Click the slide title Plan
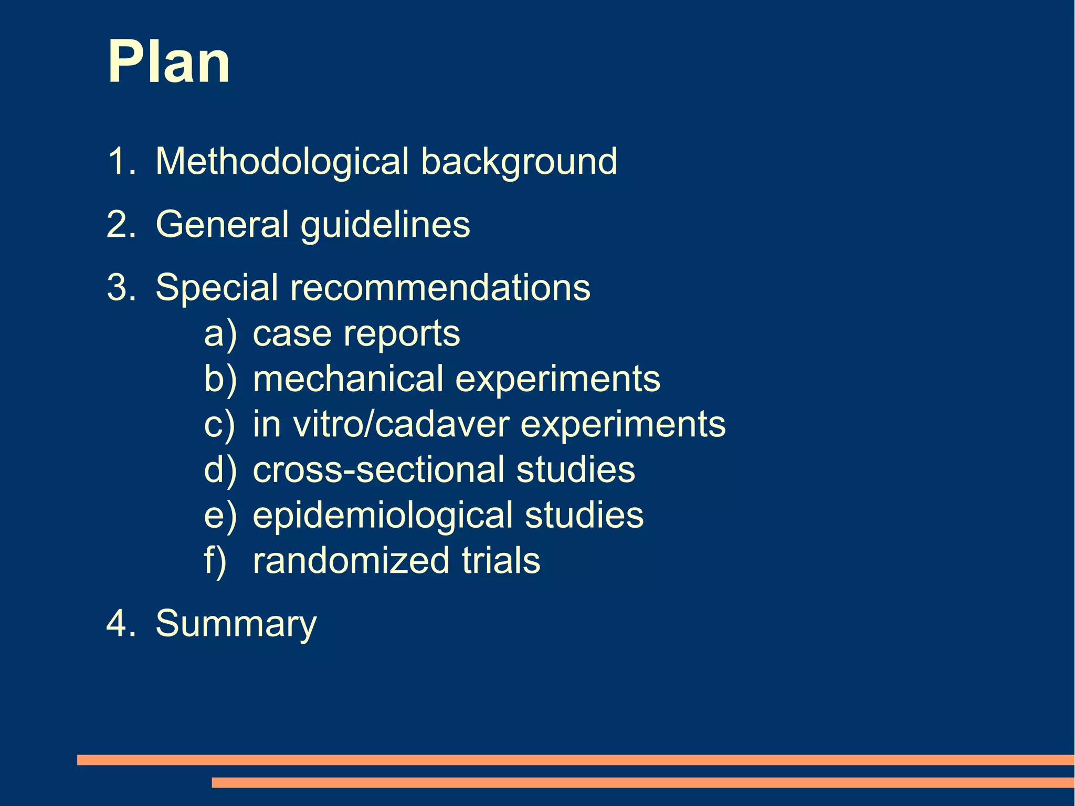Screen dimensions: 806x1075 pyautogui.click(x=168, y=62)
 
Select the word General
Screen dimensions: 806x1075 pyautogui.click(x=223, y=224)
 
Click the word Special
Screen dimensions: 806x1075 pyautogui.click(x=216, y=288)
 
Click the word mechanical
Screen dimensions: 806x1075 pyautogui.click(x=348, y=379)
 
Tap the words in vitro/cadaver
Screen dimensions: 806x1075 pyautogui.click(x=381, y=424)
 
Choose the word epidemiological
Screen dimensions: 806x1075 pyautogui.click(x=383, y=516)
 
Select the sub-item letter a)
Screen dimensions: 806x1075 pyautogui.click(x=220, y=334)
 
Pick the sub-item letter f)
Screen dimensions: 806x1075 pyautogui.click(x=215, y=560)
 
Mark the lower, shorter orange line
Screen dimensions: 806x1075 pyautogui.click(x=642, y=782)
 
